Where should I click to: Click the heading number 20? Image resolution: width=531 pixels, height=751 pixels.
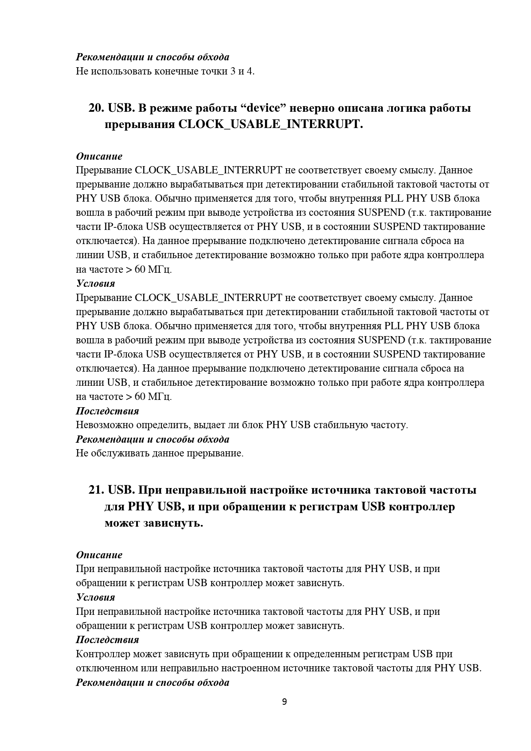click(96, 108)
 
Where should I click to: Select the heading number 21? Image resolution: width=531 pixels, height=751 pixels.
click(96, 490)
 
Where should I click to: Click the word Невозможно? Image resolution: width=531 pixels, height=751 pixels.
click(105, 425)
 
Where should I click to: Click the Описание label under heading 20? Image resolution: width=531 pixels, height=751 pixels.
click(99, 156)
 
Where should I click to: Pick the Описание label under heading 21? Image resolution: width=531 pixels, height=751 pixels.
click(99, 555)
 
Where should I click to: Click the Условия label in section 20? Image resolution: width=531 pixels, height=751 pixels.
click(95, 283)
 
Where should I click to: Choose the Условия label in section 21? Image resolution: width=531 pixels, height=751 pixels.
click(95, 597)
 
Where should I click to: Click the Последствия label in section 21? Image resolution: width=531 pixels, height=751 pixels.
click(107, 640)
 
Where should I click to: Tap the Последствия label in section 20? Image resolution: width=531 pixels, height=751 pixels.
click(107, 411)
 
